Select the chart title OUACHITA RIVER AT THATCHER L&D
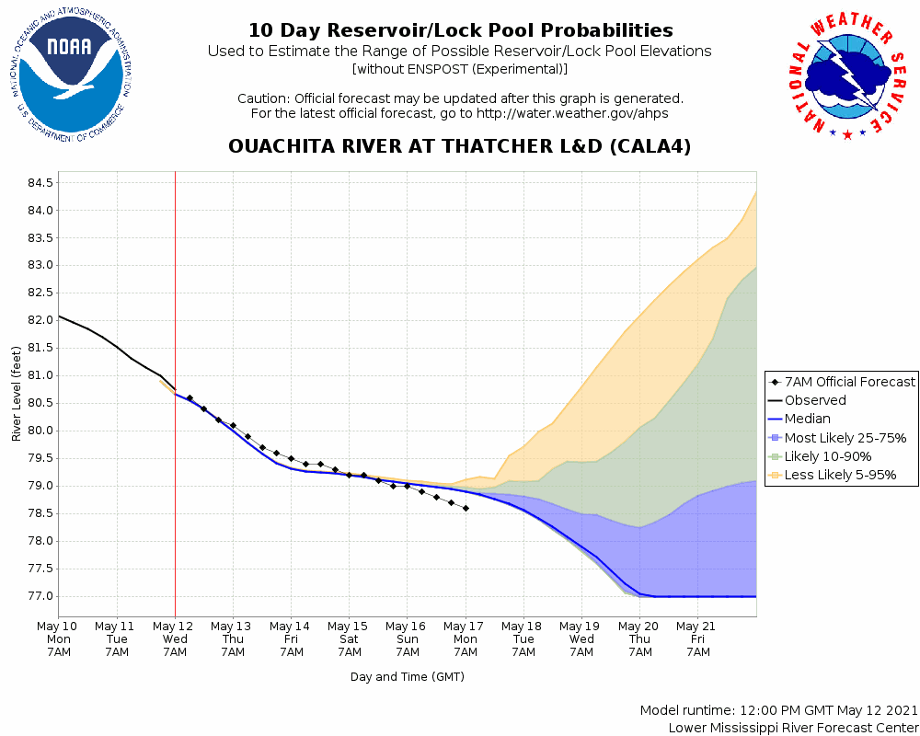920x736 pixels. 459,147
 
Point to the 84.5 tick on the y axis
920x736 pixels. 40,182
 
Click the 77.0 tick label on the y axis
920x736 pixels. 40,596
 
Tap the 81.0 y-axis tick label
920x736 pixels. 40,375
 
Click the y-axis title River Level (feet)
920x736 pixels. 17,394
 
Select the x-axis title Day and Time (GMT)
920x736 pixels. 407,676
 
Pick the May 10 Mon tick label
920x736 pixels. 59,638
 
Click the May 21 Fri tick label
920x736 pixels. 697,638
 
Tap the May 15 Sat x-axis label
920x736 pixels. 349,638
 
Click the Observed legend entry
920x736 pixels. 815,400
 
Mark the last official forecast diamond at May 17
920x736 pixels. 466,508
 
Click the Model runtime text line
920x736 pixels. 778,711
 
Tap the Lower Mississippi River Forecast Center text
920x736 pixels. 793,728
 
